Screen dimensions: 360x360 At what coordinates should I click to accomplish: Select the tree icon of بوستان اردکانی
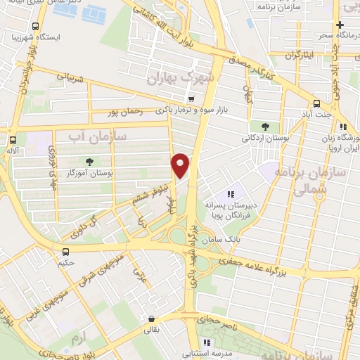[x=264, y=127]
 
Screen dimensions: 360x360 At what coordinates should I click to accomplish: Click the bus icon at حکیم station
[x=65, y=252]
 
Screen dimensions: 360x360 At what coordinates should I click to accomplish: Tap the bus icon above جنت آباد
[x=317, y=101]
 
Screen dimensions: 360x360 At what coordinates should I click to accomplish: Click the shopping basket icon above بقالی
[x=150, y=318]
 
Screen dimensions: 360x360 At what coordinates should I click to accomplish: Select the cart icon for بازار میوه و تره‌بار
[x=191, y=98]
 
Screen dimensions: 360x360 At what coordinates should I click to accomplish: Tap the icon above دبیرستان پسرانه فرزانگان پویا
[x=229, y=194]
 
